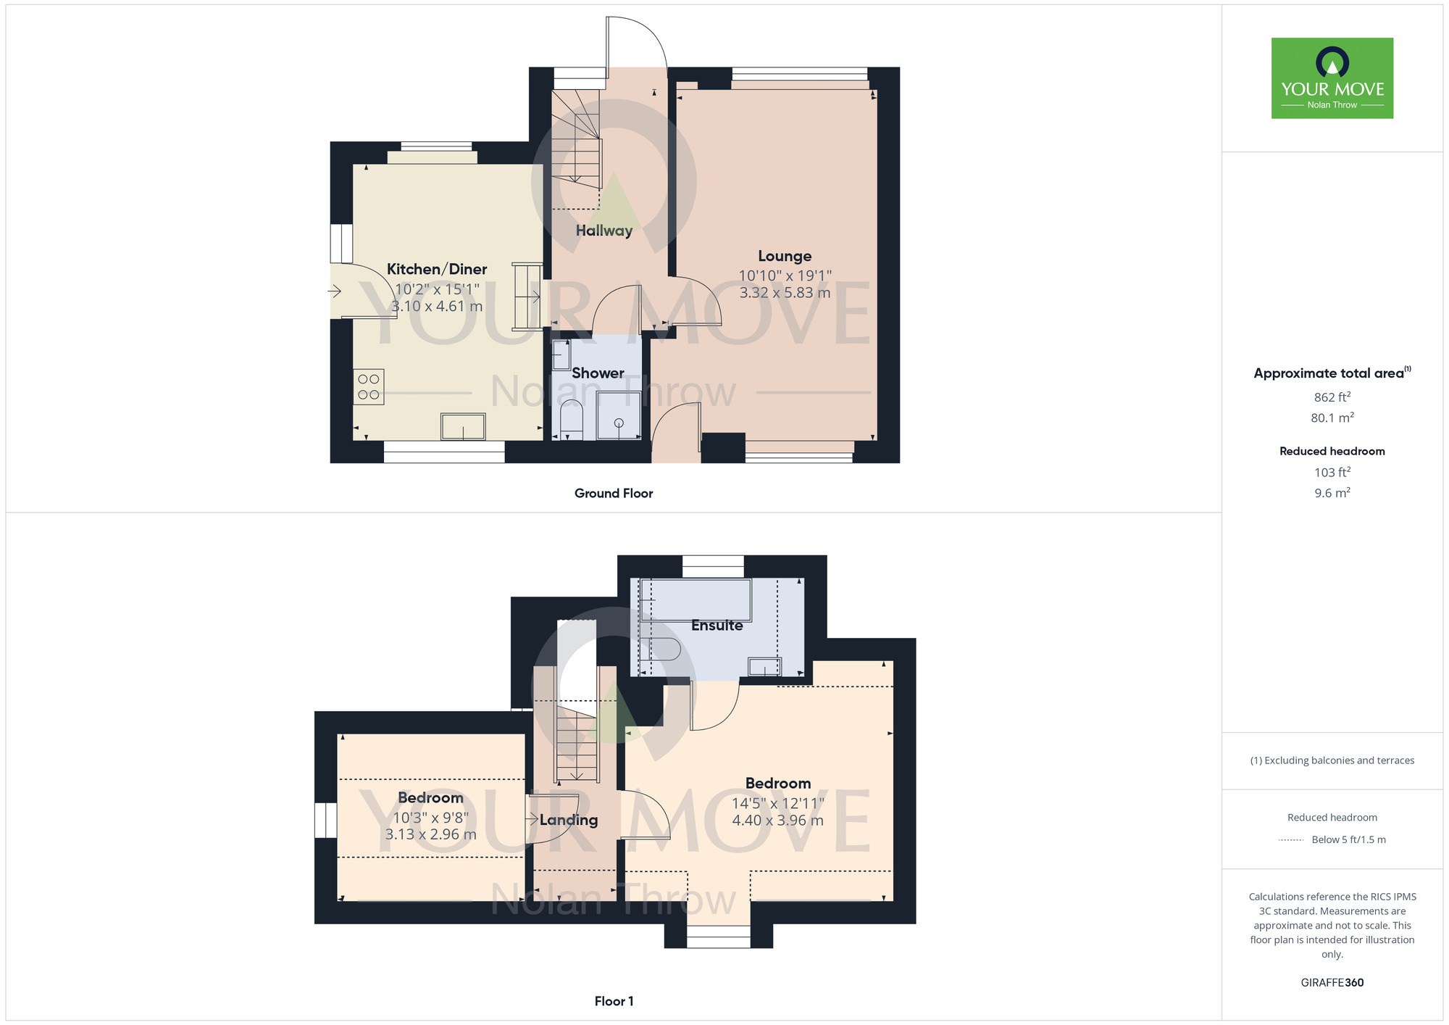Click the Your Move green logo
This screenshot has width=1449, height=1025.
[1332, 78]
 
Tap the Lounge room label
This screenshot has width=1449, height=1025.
[785, 256]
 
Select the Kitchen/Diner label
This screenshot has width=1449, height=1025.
[437, 269]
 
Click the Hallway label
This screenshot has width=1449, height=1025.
[604, 231]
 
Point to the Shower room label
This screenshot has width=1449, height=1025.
[598, 373]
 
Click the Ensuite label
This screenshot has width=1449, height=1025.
[717, 626]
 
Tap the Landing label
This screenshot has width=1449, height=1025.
[569, 820]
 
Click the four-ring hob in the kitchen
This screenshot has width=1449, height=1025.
[369, 386]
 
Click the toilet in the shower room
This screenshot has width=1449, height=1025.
[572, 420]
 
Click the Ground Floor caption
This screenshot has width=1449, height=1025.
[614, 494]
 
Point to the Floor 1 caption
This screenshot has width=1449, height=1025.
[614, 1001]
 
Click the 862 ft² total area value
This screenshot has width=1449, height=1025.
[1332, 397]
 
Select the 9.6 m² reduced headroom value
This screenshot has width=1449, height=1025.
[1332, 492]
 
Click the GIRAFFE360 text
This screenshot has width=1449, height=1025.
[1332, 983]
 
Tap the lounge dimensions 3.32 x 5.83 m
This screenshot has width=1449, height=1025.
[785, 293]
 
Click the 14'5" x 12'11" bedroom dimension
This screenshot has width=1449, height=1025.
[778, 803]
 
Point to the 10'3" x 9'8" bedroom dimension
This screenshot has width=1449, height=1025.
[430, 818]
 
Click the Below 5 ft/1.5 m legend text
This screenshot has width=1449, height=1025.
[1348, 839]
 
